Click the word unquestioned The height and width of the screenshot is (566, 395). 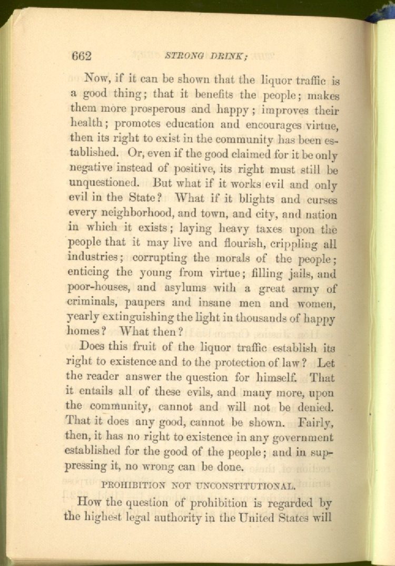(103, 185)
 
